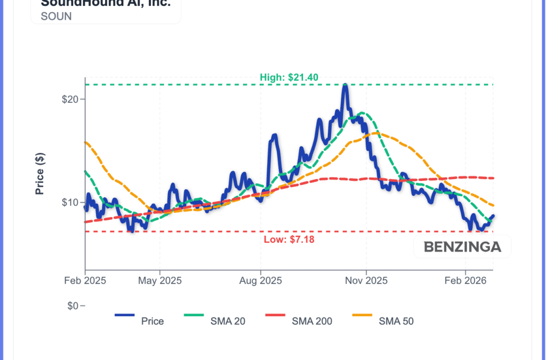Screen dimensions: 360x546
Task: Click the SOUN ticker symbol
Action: [x=56, y=16]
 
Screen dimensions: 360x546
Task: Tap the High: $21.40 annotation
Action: [x=289, y=77]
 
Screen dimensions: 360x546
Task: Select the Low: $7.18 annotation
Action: [x=289, y=239]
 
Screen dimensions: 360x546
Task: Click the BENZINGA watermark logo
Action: [x=462, y=247]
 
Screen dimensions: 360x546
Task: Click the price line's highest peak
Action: [x=345, y=85]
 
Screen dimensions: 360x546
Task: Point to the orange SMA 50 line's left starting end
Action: [x=85, y=142]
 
